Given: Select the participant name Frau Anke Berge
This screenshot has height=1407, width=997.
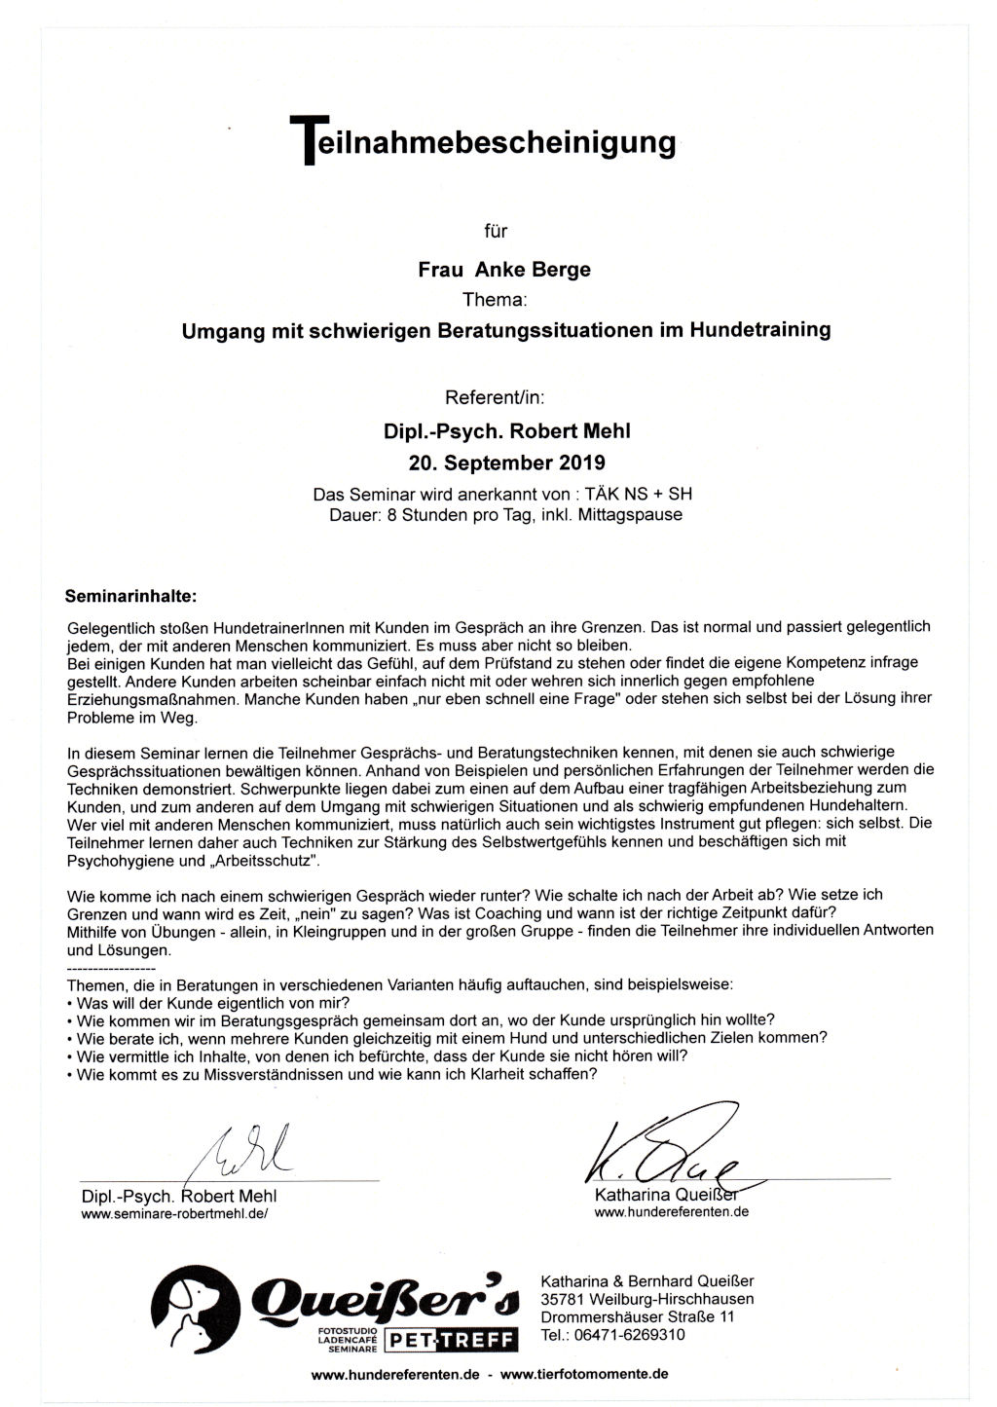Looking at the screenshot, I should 504,270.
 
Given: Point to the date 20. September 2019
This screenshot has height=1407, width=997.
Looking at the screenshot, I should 506,461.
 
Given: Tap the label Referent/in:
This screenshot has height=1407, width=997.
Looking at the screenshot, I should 495,397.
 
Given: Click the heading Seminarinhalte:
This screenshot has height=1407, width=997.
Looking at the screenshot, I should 130,593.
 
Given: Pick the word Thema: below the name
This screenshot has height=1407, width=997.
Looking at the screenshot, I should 495,300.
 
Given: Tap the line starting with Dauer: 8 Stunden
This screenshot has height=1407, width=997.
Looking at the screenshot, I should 505,514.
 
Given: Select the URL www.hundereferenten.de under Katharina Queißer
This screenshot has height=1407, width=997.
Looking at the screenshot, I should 671,1212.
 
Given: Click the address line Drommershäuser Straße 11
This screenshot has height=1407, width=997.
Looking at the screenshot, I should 637,1316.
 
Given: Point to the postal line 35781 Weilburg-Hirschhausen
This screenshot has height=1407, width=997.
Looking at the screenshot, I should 646,1298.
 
